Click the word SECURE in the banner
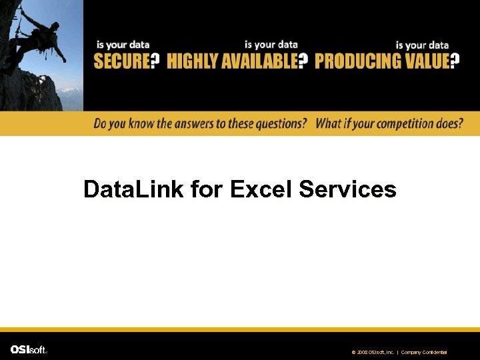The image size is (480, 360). [x=121, y=62]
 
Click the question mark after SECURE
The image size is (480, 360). [x=155, y=62]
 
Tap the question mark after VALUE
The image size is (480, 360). [x=455, y=62]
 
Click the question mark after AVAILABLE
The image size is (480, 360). [x=303, y=62]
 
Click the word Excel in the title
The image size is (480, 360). [x=262, y=189]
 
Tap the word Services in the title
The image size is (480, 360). [x=347, y=189]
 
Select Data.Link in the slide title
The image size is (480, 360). [x=134, y=189]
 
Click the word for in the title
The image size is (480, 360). [x=207, y=189]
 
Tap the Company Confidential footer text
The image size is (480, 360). [x=423, y=352]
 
